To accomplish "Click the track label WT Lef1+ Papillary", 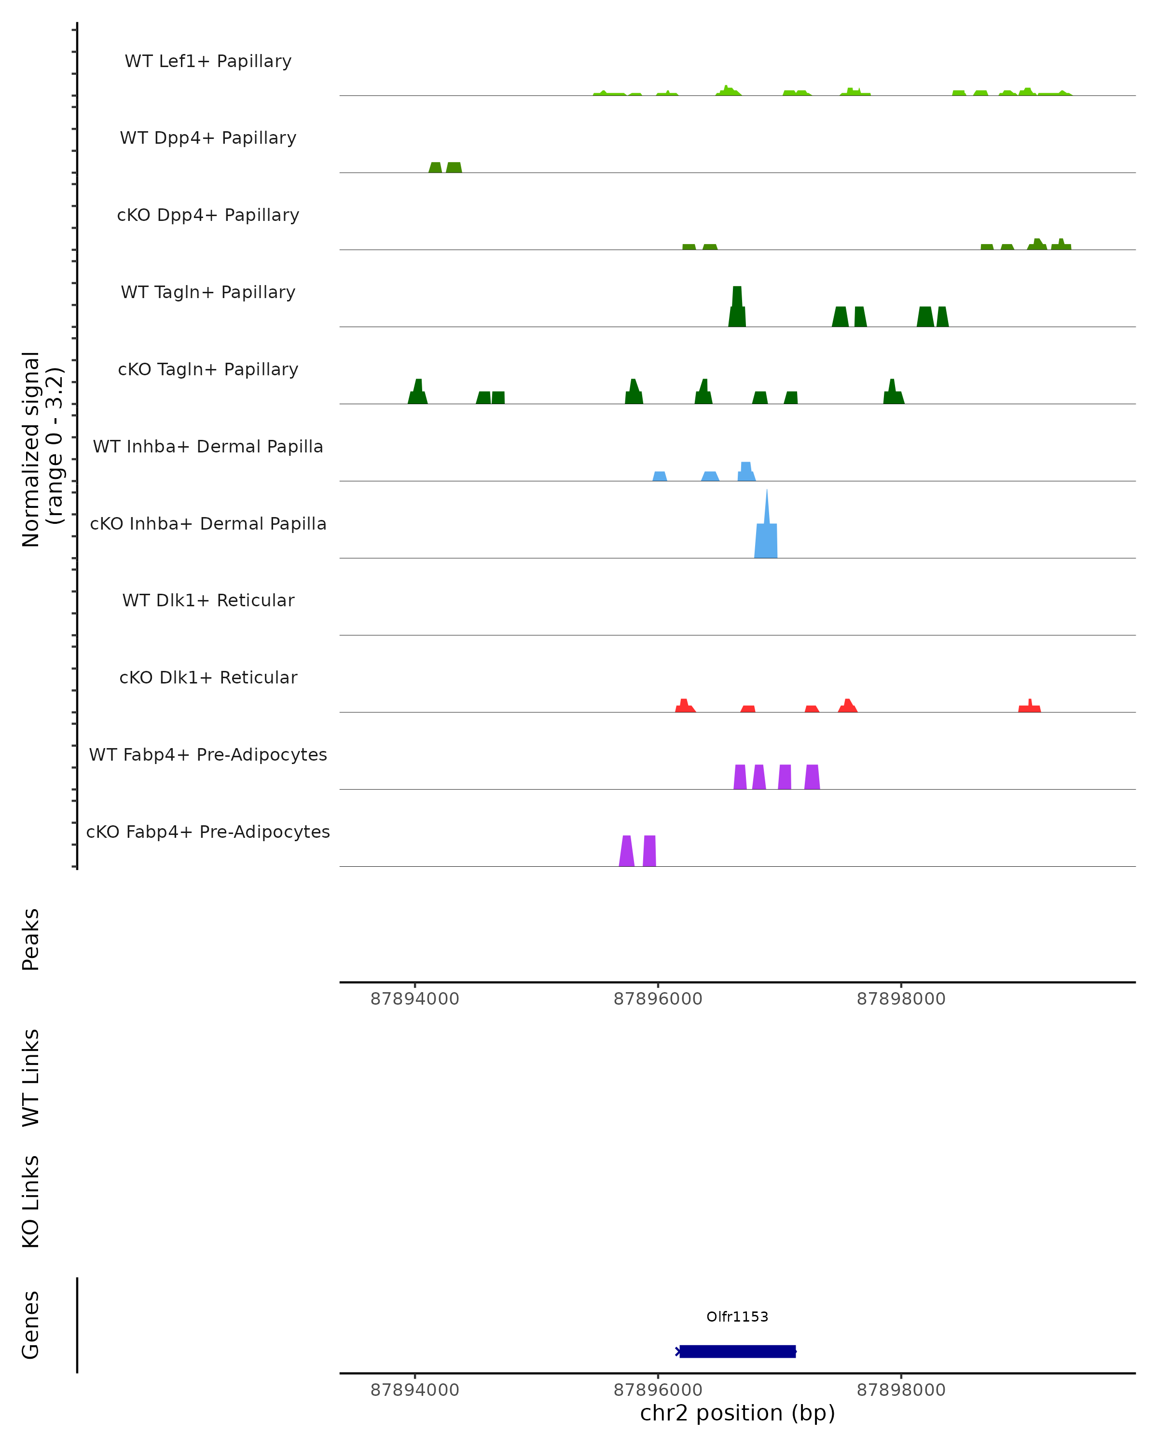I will pos(208,61).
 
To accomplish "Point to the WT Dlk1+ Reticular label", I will pos(208,600).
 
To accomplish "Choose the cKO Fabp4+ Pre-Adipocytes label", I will pos(208,832).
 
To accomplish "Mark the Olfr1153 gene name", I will pos(737,1317).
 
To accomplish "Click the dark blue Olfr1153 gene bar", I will pos(737,1351).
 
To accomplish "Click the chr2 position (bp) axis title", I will pos(737,1413).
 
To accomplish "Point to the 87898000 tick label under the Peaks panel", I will pos(901,999).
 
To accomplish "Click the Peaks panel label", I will pos(31,939).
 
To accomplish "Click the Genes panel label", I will pos(31,1325).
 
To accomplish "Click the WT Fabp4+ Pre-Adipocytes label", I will pos(208,754).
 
